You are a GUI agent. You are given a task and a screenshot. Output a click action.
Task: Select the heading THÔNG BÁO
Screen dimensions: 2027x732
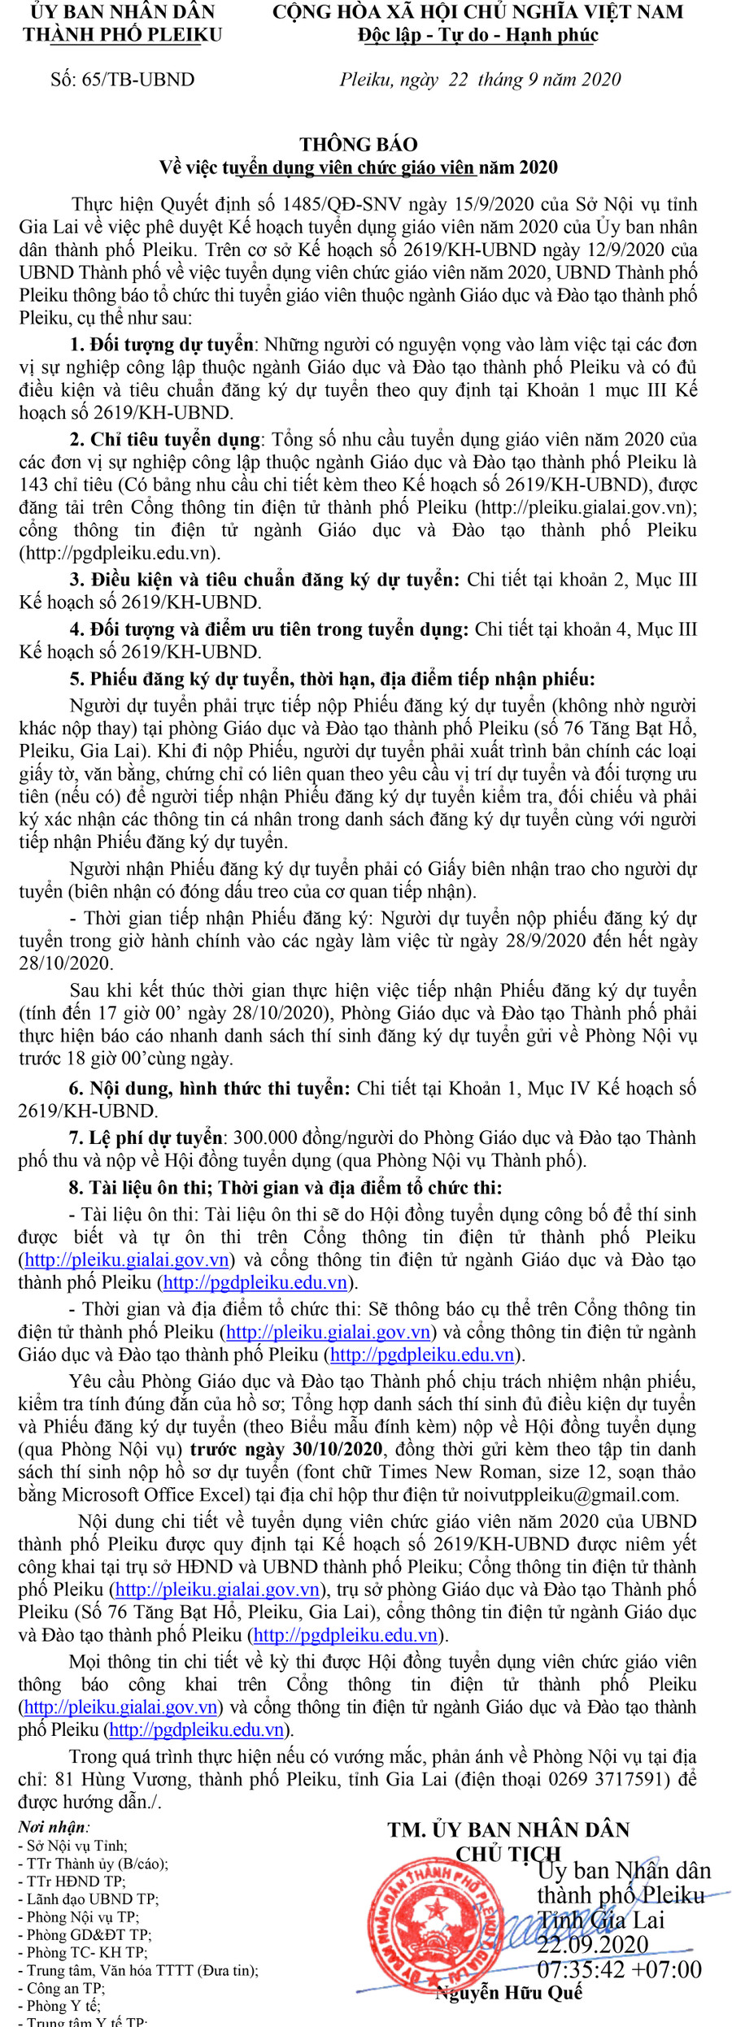click(359, 144)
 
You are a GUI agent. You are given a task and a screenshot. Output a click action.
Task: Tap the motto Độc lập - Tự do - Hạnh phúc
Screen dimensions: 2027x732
click(477, 36)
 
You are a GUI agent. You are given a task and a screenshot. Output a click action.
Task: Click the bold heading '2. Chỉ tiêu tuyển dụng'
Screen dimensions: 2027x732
click(165, 439)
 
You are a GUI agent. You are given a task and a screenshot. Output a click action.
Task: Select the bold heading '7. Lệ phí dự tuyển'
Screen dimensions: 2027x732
click(146, 1137)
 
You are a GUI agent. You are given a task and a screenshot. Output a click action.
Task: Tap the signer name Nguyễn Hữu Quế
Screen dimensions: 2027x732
click(508, 1992)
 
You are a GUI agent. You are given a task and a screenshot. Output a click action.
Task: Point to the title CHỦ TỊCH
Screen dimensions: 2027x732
click(508, 1853)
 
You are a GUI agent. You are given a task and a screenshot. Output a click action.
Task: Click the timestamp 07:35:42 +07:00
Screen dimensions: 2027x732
click(619, 1969)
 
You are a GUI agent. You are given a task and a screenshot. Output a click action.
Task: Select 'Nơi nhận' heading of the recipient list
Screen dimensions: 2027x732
click(54, 1827)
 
